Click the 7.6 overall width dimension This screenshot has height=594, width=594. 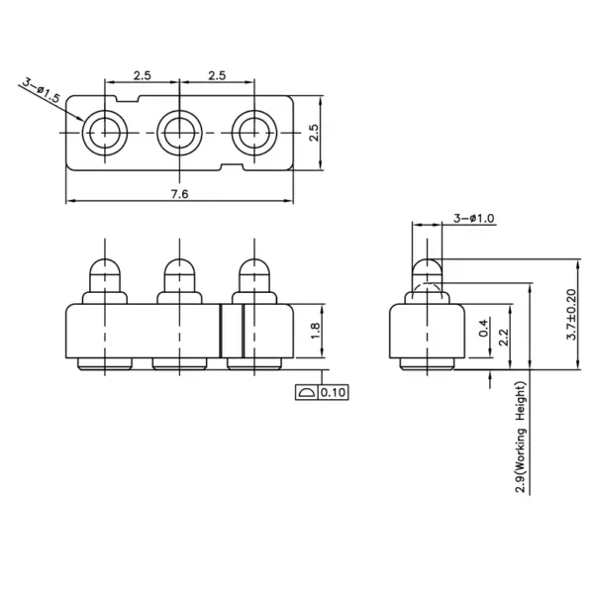[179, 194]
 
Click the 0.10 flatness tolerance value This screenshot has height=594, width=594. [334, 393]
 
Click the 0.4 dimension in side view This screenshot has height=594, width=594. [482, 329]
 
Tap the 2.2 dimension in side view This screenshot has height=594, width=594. [504, 337]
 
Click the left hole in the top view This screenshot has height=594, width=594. [104, 130]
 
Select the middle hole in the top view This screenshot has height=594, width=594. [179, 130]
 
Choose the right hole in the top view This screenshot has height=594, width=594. [253, 130]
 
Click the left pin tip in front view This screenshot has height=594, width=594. [104, 268]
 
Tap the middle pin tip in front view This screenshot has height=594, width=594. [179, 268]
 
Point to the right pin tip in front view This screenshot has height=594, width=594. [253, 268]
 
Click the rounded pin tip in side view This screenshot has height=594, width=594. [427, 267]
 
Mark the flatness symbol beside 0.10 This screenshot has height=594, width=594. [305, 393]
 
